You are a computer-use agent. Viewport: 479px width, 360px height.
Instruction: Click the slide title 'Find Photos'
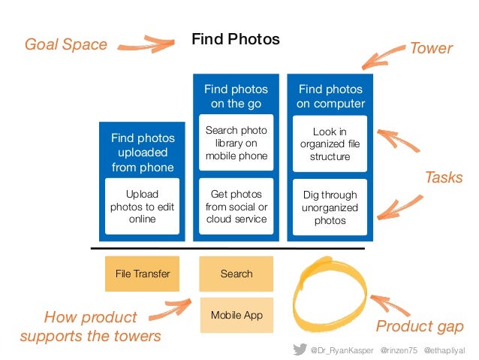[236, 39]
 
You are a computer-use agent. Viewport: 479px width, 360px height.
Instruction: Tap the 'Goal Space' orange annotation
[66, 45]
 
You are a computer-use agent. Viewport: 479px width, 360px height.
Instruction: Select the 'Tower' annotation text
[430, 49]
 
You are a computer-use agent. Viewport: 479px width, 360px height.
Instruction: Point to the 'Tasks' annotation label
[443, 178]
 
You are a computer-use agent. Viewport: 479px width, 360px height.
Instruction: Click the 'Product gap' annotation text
[420, 326]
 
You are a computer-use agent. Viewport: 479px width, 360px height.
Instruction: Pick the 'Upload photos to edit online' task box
[142, 206]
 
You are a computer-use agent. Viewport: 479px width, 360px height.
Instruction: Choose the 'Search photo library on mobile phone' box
[236, 144]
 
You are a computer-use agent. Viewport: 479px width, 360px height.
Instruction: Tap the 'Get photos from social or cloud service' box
[236, 206]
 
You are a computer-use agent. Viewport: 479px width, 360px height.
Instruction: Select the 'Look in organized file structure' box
[330, 144]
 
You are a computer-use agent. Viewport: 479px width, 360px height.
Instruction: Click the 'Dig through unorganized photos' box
[330, 207]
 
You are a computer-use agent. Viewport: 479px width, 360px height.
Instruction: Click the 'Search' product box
[236, 274]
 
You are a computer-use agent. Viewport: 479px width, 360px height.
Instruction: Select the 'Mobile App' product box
[236, 315]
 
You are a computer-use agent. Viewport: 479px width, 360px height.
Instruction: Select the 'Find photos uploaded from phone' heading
[142, 152]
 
